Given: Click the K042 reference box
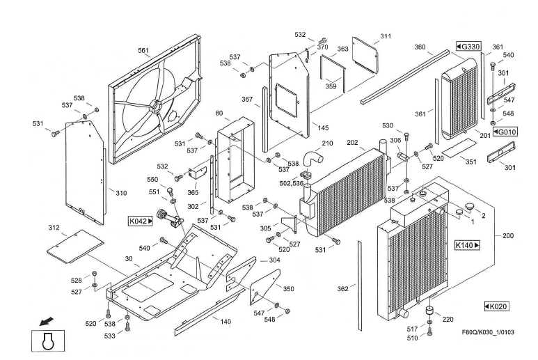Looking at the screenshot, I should [141, 221].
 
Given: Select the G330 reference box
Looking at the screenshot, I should [468, 46].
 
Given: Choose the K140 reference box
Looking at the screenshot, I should [468, 245].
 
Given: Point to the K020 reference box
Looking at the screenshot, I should [496, 306].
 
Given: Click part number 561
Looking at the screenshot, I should [143, 50].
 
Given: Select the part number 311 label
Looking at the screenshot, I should [385, 36].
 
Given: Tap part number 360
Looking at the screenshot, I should [420, 47].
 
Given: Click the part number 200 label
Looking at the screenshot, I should [508, 236].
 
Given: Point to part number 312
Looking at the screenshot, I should [53, 228].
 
